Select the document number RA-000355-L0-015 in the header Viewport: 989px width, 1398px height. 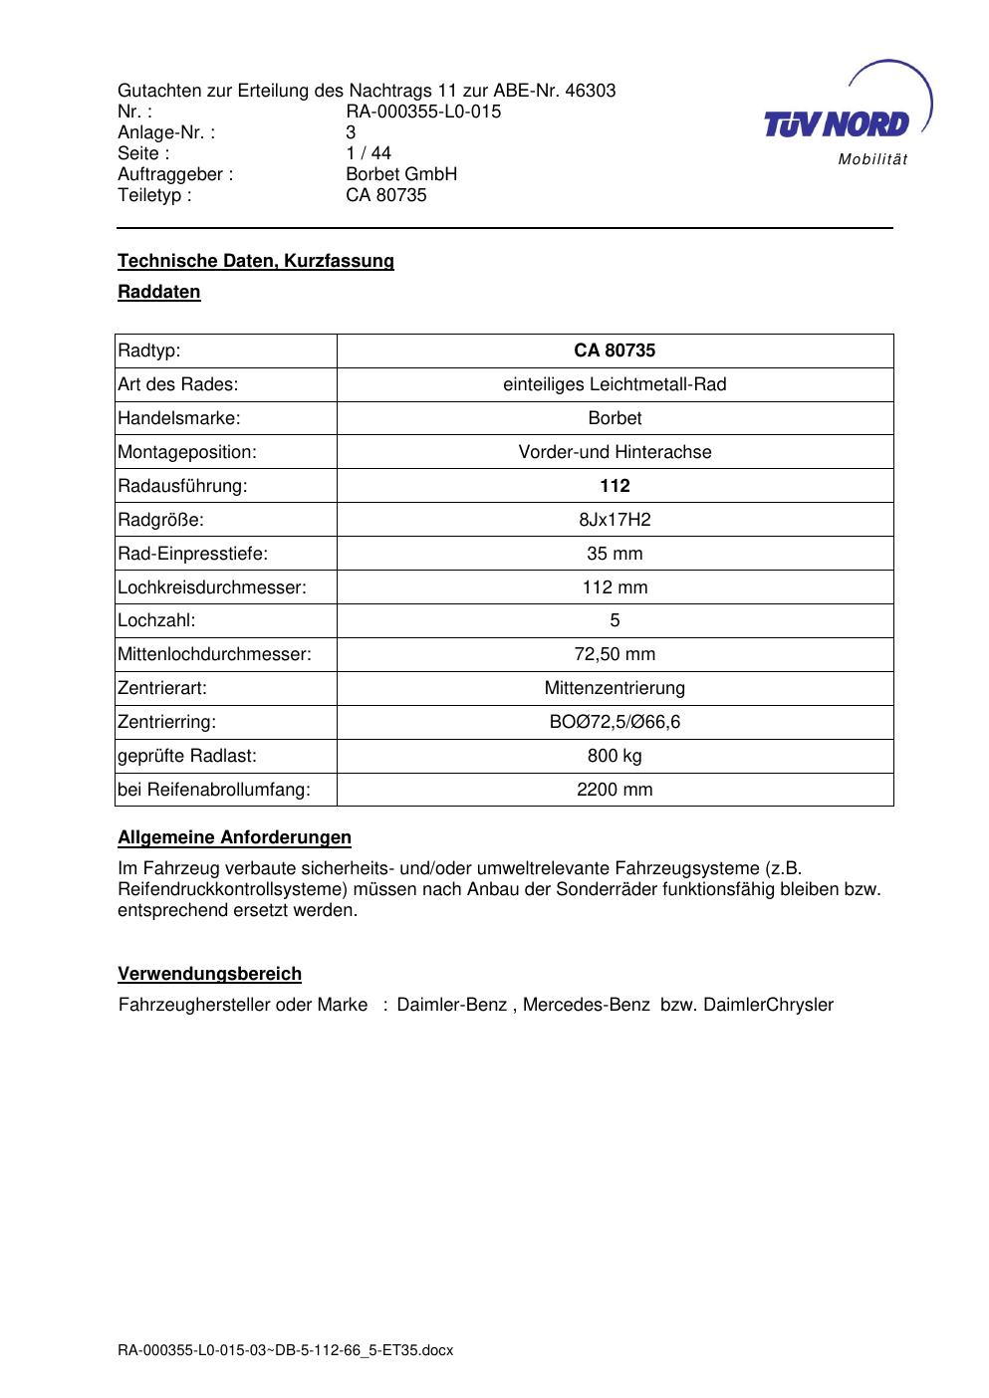point(423,112)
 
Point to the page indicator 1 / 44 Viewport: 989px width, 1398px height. point(369,153)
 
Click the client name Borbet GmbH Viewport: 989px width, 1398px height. point(401,174)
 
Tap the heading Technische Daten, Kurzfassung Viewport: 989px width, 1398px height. point(256,261)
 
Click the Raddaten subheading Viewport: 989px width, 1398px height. point(159,292)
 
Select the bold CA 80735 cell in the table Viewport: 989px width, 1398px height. point(615,350)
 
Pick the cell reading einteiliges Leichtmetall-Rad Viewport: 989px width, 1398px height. point(615,384)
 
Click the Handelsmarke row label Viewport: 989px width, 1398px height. point(179,418)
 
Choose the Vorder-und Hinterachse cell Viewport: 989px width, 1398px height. point(615,452)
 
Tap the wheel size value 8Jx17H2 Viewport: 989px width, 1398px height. point(615,520)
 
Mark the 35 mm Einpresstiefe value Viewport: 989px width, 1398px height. point(615,554)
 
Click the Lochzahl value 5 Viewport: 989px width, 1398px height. point(615,620)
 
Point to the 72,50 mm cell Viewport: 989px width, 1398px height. point(615,654)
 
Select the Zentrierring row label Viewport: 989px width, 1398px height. point(167,722)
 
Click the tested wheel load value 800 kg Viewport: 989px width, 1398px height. point(615,756)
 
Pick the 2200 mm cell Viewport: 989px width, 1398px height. point(615,790)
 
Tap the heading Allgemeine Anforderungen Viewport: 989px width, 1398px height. point(234,837)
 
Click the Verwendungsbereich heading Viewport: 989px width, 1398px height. point(209,974)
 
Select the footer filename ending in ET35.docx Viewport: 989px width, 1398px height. point(285,1350)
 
